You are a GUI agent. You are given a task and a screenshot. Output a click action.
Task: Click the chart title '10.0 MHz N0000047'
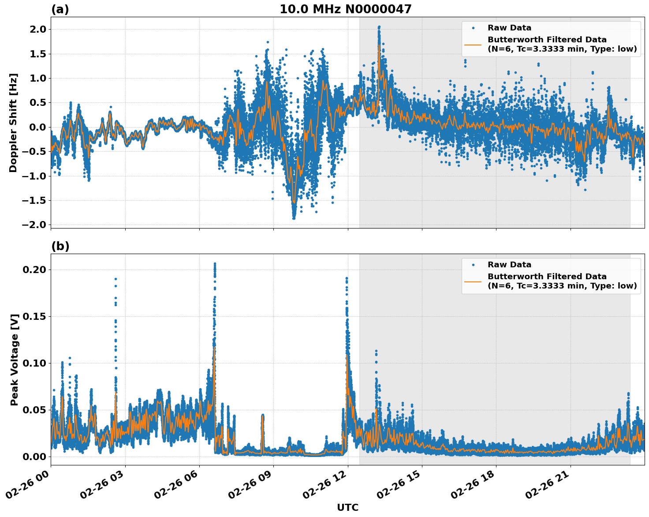(x=346, y=9)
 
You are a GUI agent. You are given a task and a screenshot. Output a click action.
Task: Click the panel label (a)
(x=60, y=9)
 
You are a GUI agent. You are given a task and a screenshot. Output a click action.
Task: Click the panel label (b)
(x=60, y=246)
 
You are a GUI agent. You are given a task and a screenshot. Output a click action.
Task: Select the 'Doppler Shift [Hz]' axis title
(x=13, y=123)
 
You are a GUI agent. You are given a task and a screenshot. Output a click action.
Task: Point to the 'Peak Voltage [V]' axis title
(x=14, y=360)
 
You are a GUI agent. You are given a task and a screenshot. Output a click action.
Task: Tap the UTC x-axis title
(x=347, y=508)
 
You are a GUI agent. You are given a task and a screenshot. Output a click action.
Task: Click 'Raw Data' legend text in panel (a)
(x=509, y=28)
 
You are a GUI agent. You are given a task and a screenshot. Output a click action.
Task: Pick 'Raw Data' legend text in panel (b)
(x=509, y=265)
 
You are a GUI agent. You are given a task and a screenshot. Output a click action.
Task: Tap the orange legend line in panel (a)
(x=473, y=45)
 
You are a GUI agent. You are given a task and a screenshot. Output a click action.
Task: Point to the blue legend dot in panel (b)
(x=473, y=265)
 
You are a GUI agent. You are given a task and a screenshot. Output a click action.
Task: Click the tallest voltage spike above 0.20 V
(x=215, y=264)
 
